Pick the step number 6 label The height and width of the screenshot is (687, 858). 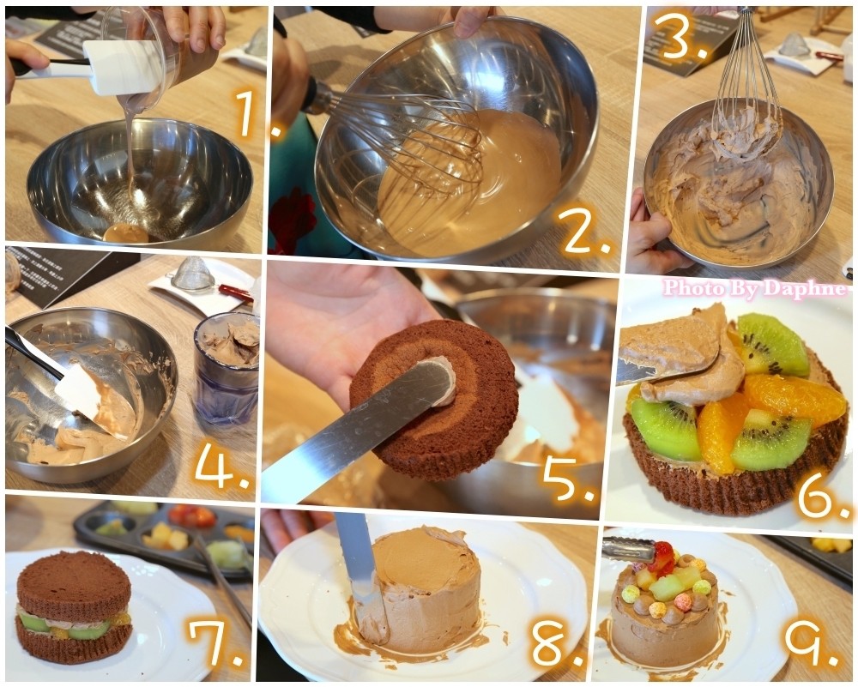click(x=824, y=496)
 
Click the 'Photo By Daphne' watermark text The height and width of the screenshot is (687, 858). click(x=754, y=287)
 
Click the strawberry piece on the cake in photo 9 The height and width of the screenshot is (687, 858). click(x=662, y=557)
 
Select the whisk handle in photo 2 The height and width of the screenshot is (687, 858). click(x=315, y=96)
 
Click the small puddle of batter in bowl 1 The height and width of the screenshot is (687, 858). click(x=126, y=233)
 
